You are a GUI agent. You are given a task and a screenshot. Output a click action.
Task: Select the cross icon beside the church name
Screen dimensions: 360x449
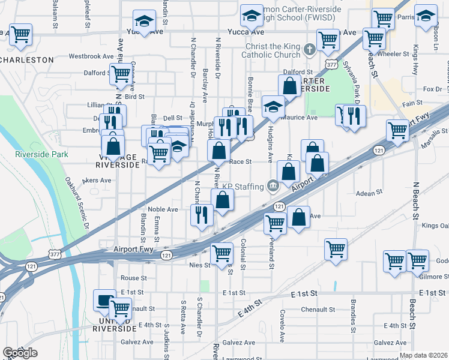pyautogui.click(x=310, y=49)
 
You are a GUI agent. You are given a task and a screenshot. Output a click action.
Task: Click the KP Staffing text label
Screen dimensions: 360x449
pyautogui.click(x=244, y=186)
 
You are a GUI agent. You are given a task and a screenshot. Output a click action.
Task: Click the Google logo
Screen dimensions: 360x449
pyautogui.click(x=19, y=352)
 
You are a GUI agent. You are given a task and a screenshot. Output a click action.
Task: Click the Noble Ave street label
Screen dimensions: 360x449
pyautogui.click(x=163, y=209)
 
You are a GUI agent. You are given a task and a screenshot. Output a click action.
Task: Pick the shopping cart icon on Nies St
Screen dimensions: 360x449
pyautogui.click(x=221, y=253)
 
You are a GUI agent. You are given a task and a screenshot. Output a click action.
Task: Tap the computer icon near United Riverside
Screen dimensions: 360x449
pyautogui.click(x=104, y=299)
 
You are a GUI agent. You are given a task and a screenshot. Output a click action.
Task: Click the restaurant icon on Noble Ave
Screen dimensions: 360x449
pyautogui.click(x=202, y=214)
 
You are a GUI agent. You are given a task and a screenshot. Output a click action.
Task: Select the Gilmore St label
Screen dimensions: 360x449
pyautogui.click(x=433, y=277)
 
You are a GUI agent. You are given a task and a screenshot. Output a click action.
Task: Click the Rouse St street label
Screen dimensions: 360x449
pyautogui.click(x=133, y=278)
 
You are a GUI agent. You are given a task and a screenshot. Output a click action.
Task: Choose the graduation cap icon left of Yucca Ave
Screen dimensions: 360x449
pyautogui.click(x=143, y=22)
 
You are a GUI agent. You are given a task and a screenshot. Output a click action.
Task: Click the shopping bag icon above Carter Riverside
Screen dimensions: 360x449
pyautogui.click(x=289, y=86)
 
